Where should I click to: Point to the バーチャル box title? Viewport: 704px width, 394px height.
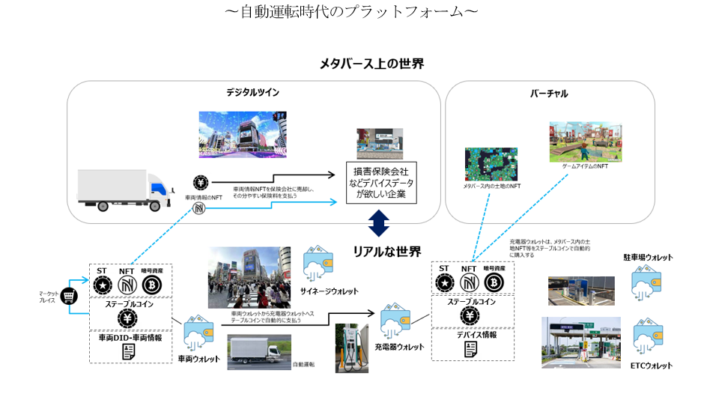(548, 94)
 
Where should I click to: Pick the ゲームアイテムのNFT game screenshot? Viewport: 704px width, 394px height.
(585, 142)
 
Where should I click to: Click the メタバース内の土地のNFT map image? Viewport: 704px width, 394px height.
(491, 163)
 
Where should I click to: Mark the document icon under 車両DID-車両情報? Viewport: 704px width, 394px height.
(130, 352)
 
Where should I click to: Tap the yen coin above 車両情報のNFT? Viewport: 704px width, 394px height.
(201, 184)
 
